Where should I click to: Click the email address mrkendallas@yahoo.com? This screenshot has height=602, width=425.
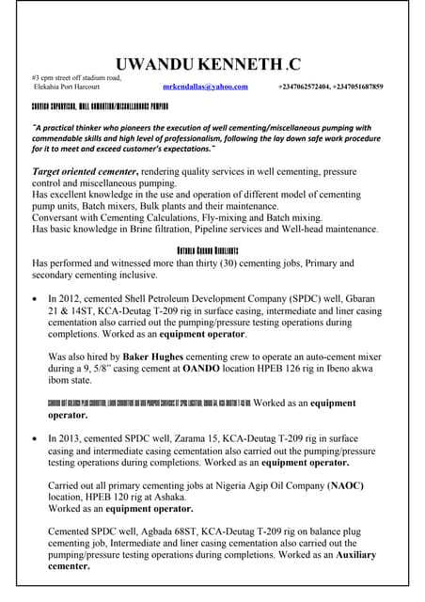click(205, 87)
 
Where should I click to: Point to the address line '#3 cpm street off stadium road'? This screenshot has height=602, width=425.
click(76, 77)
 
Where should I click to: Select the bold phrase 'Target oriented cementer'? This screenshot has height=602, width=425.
click(86, 173)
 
